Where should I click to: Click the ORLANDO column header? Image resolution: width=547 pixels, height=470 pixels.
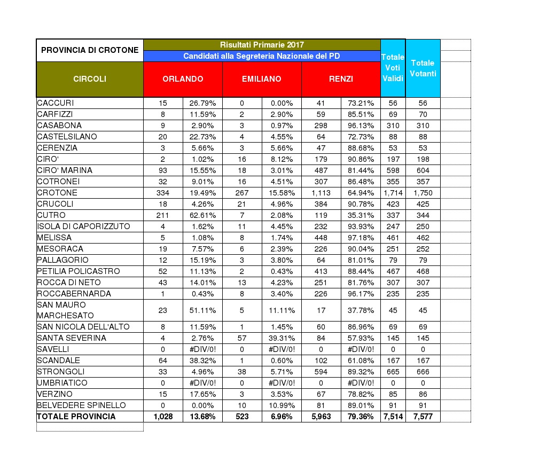point(183,79)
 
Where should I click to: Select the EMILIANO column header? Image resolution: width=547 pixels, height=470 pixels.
point(262,79)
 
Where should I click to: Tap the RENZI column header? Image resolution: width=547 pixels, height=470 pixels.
point(341,79)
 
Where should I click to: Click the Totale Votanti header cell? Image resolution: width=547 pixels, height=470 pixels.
point(423,68)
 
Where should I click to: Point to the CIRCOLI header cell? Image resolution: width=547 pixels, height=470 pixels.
point(90,79)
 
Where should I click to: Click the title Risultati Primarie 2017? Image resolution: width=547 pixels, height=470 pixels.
point(262,45)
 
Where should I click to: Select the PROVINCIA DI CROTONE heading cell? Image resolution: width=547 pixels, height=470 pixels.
point(90,50)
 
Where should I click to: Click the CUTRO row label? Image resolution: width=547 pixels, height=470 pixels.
point(51,215)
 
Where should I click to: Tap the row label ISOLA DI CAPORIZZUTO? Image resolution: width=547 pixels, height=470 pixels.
point(83,226)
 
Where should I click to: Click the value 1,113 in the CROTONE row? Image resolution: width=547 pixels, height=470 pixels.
point(321,193)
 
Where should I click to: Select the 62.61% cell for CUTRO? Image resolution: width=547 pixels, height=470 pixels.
point(202,215)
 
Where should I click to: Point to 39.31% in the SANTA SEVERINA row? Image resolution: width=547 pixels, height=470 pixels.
point(282,338)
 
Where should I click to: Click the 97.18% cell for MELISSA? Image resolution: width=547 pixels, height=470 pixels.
point(361,238)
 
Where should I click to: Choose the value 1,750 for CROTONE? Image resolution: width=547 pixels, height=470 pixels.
point(423,193)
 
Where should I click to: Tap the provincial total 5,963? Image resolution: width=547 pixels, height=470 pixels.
point(321,417)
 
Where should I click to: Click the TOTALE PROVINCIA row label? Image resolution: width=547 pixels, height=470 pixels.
point(76,417)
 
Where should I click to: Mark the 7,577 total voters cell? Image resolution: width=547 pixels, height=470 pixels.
point(423,417)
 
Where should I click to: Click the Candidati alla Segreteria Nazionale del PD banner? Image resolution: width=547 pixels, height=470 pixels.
point(262,56)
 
